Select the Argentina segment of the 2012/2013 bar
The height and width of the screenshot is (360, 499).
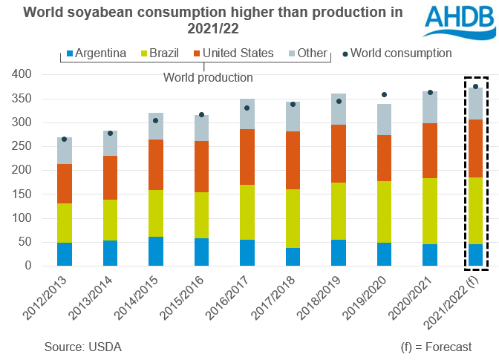(x=65, y=254)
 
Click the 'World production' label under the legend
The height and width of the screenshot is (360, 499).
(x=208, y=77)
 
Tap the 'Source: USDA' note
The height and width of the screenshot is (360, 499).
(x=82, y=347)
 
